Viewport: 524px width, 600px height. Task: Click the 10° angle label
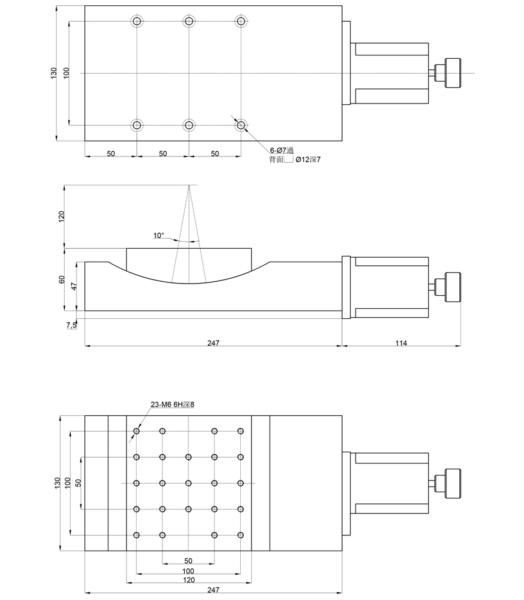(x=158, y=235)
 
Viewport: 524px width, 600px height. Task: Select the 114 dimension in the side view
(x=400, y=342)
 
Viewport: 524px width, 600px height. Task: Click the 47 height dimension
(x=74, y=286)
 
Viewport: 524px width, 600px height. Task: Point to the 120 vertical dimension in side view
(x=60, y=216)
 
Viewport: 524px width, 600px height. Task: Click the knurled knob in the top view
(x=452, y=73)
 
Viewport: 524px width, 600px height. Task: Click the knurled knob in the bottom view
(x=452, y=483)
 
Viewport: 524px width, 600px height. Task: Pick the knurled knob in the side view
(x=452, y=286)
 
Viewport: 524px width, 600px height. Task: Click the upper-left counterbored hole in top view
(x=137, y=22)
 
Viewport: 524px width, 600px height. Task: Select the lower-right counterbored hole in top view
(x=241, y=125)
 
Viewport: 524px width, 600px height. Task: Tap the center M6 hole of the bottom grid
(x=188, y=483)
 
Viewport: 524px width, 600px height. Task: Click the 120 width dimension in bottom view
(x=188, y=579)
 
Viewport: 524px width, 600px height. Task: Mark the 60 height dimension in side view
(x=61, y=279)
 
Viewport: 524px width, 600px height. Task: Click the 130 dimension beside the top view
(x=54, y=73)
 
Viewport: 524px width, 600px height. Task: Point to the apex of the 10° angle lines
(x=189, y=186)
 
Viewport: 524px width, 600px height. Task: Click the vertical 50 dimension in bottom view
(x=78, y=483)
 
